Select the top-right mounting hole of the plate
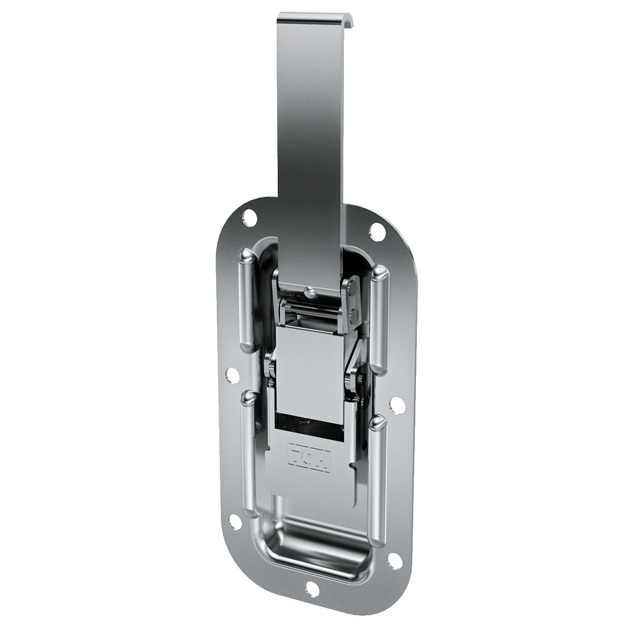(376, 229)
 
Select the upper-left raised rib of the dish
(247, 300)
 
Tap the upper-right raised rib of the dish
(379, 318)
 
